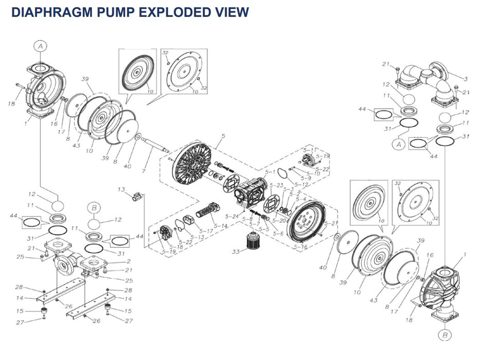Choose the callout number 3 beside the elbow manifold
pyautogui.click(x=465, y=79)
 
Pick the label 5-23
pyautogui.click(x=276, y=185)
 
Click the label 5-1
pyautogui.click(x=269, y=171)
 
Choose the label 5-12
pyautogui.click(x=302, y=184)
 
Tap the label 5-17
pyautogui.click(x=206, y=231)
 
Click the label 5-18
pyautogui.click(x=176, y=247)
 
